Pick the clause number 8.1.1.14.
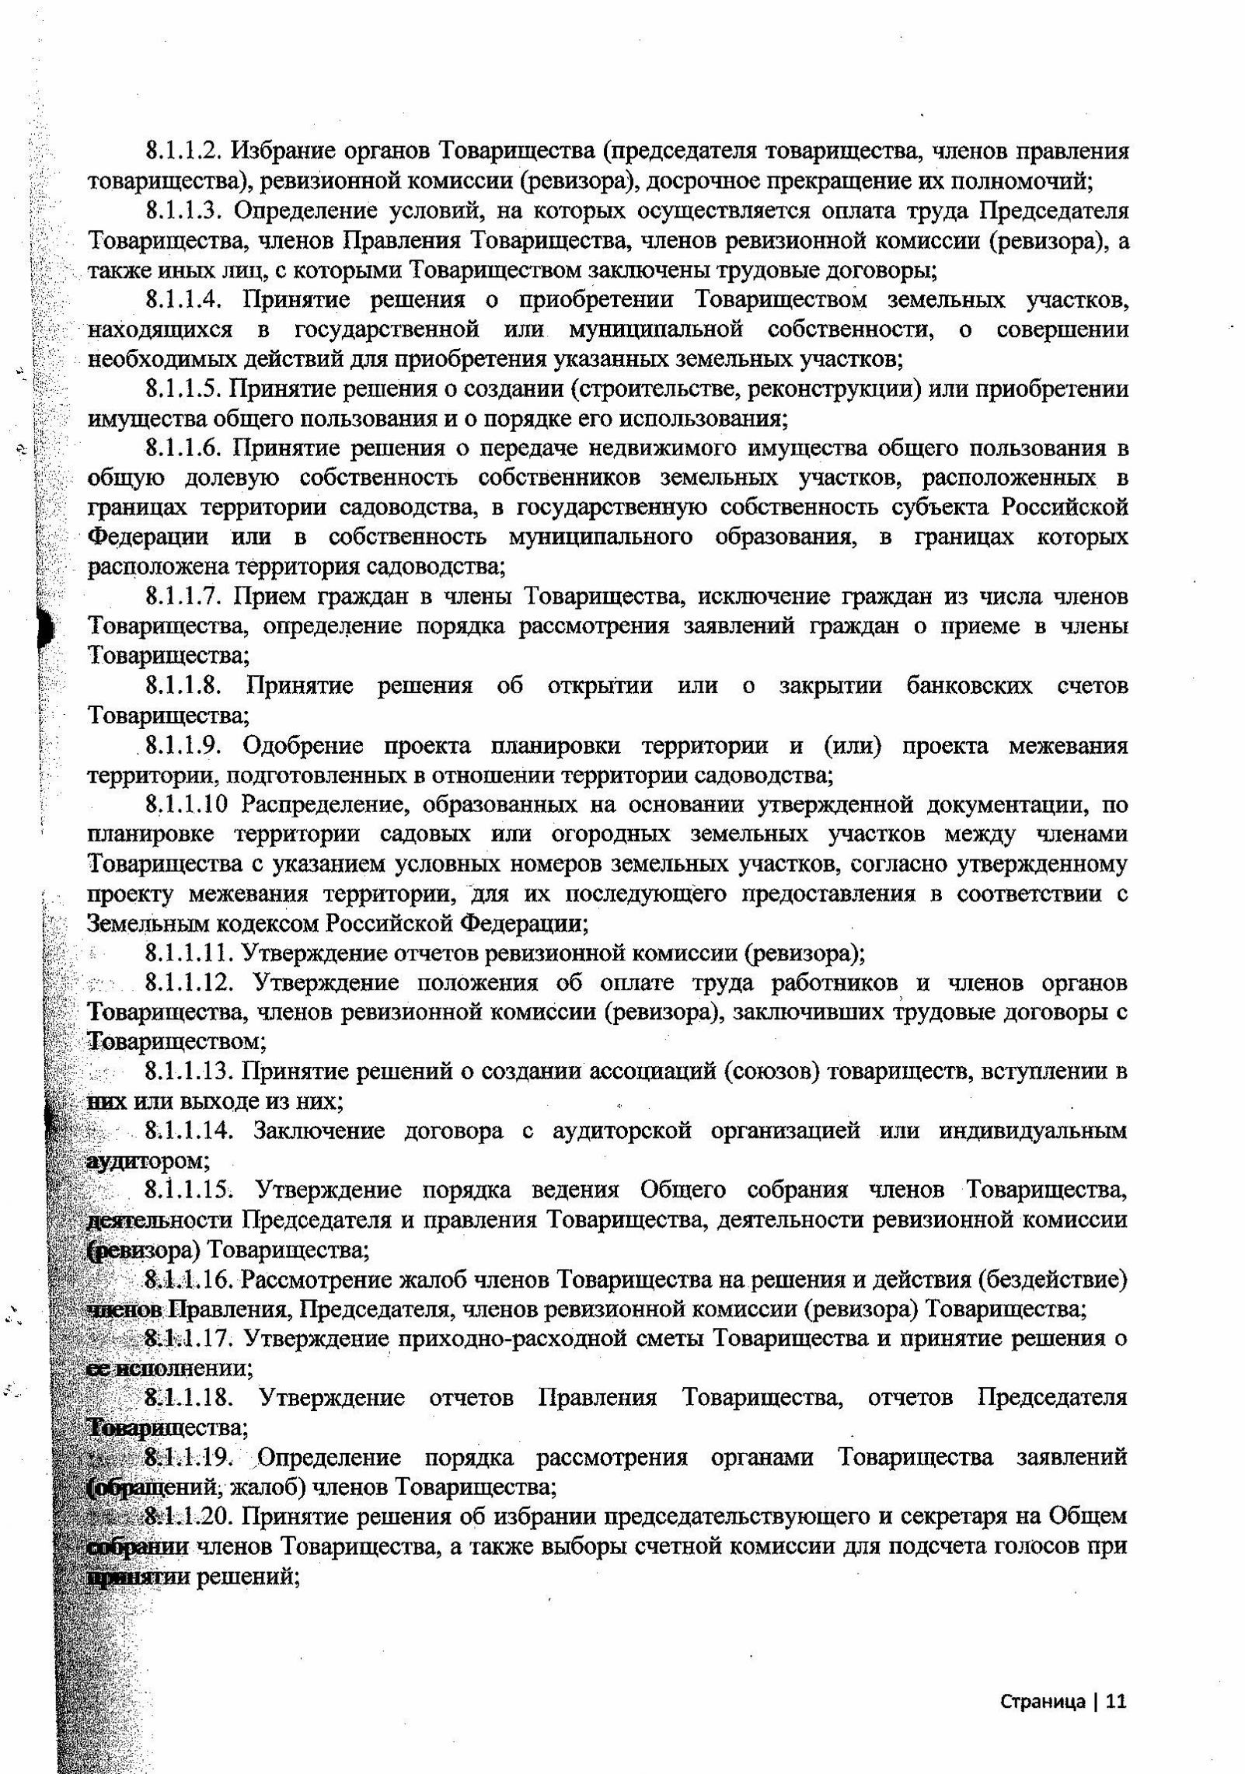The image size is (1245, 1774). pos(189,1131)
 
